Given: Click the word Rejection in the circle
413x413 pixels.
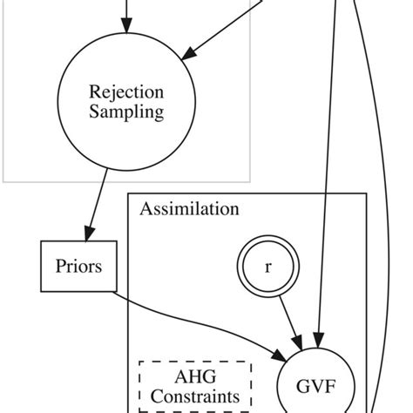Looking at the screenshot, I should coord(126,91).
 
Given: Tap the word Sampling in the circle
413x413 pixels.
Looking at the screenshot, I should coord(126,112).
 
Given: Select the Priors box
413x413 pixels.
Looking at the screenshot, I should coord(78,266).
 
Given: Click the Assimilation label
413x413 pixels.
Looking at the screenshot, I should coord(189,209).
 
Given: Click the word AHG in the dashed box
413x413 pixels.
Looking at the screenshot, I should coord(194,377).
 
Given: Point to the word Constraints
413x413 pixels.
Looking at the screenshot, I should coord(194,396).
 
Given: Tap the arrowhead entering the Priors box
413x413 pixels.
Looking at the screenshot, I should coord(90,234).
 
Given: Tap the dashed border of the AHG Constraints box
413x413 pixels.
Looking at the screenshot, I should coord(139,387).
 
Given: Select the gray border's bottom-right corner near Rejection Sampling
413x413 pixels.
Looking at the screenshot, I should coord(250,180).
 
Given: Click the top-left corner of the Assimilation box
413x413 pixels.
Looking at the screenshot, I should coord(129,193).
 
